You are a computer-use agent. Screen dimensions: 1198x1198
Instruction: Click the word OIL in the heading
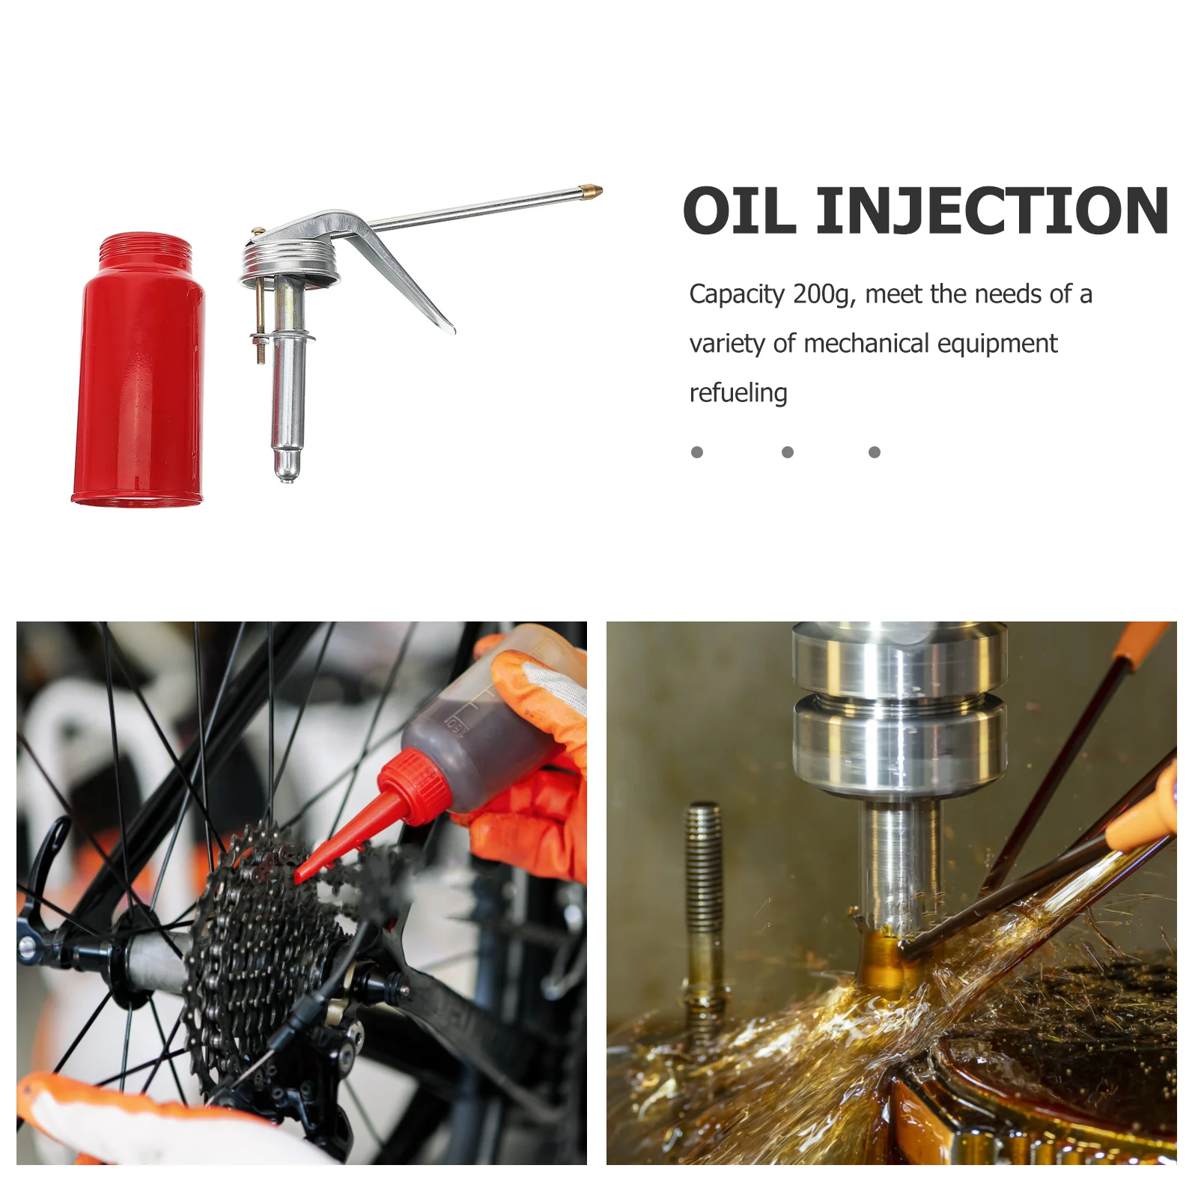(739, 212)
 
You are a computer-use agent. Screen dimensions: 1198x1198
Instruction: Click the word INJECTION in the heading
(991, 212)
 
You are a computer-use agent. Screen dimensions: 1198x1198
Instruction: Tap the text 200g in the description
(821, 294)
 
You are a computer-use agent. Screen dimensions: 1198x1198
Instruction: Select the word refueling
(738, 392)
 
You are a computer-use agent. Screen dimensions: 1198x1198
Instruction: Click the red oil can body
(139, 382)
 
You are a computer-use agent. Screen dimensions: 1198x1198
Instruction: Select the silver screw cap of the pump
(288, 262)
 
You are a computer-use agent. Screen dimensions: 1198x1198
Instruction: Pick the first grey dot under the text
(697, 452)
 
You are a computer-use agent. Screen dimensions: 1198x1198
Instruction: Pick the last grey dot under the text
(874, 452)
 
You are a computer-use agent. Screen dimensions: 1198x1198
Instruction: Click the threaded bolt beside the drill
(703, 898)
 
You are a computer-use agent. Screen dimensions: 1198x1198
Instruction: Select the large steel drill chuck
(898, 711)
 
